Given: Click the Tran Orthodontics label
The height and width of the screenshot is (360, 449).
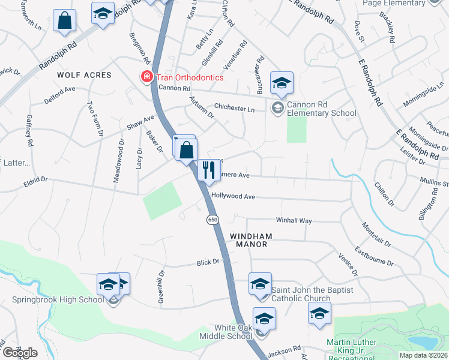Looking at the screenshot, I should [x=189, y=77].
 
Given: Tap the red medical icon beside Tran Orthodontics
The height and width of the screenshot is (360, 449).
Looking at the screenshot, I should [x=145, y=77].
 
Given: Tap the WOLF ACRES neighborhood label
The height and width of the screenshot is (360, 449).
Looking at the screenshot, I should [x=84, y=75].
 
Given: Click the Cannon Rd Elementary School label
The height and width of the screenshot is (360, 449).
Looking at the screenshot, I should [x=321, y=109].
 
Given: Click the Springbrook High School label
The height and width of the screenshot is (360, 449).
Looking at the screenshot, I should [x=58, y=299].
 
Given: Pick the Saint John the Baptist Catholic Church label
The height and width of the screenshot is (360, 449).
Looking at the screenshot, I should [x=309, y=294].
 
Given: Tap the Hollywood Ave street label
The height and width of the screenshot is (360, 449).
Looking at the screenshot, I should [x=234, y=196].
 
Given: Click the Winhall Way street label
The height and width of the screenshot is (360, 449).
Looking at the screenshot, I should [x=294, y=221].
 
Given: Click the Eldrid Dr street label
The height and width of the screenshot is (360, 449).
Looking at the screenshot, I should [x=35, y=179].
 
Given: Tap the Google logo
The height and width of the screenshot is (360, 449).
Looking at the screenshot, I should [x=20, y=353].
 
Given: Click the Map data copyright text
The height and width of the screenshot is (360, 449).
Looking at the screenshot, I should [x=423, y=355].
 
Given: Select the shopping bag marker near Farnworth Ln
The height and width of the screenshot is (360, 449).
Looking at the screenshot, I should [x=65, y=21].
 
